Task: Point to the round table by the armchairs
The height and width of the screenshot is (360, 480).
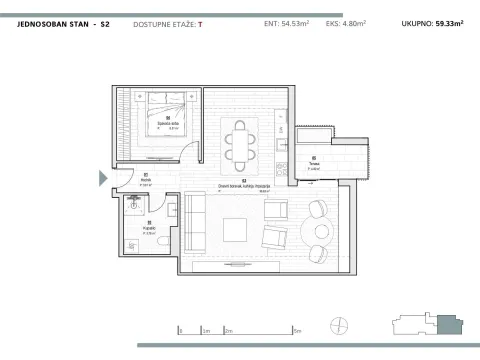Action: coord(322,231)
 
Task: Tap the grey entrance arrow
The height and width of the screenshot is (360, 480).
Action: coord(102,178)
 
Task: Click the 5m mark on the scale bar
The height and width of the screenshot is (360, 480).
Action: coord(299,329)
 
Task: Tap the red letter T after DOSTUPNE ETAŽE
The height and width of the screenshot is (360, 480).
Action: coord(200,22)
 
